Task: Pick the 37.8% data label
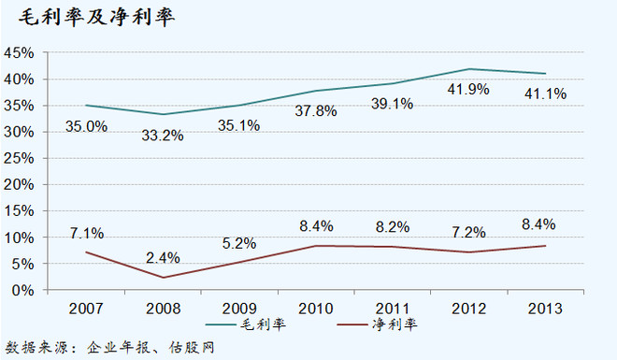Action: [x=314, y=113]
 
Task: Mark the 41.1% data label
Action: [x=546, y=94]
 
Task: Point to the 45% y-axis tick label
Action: [x=20, y=53]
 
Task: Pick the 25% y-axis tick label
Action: [x=20, y=158]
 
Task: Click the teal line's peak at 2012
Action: [x=469, y=69]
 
